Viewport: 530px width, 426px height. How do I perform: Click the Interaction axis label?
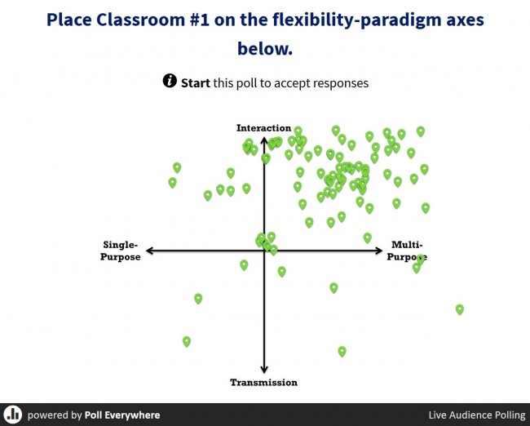[x=263, y=128]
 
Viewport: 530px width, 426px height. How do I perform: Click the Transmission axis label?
[x=263, y=383]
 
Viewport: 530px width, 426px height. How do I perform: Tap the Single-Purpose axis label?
[x=121, y=251]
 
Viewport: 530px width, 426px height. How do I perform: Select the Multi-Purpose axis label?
[x=407, y=251]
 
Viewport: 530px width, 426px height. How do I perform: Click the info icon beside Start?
[x=170, y=81]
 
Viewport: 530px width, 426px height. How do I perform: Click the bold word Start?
[x=196, y=83]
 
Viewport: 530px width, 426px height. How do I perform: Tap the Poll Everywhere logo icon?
[x=13, y=414]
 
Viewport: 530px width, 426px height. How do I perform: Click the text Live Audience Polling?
[x=477, y=415]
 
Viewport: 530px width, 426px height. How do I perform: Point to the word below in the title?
[x=265, y=48]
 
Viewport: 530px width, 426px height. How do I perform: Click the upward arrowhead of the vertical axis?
[x=264, y=140]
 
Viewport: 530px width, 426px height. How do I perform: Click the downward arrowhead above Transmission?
[x=264, y=369]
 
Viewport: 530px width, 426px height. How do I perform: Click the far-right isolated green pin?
[x=460, y=309]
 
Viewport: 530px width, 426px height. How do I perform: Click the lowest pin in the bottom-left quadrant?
[x=187, y=341]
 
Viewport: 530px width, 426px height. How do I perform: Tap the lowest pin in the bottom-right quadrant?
[x=342, y=351]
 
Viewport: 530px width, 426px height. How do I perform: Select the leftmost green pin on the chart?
[x=172, y=182]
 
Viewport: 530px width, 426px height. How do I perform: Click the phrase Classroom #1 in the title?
[x=153, y=20]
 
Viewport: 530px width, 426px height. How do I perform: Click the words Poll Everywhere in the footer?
[x=122, y=415]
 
